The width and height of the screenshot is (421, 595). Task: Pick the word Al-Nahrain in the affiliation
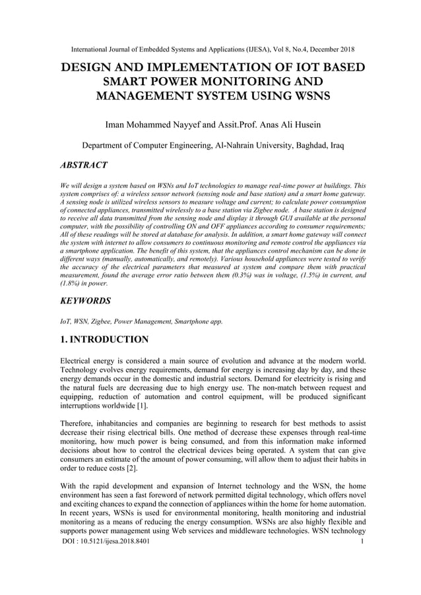click(x=230, y=145)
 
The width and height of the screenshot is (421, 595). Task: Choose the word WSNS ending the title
click(x=304, y=96)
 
